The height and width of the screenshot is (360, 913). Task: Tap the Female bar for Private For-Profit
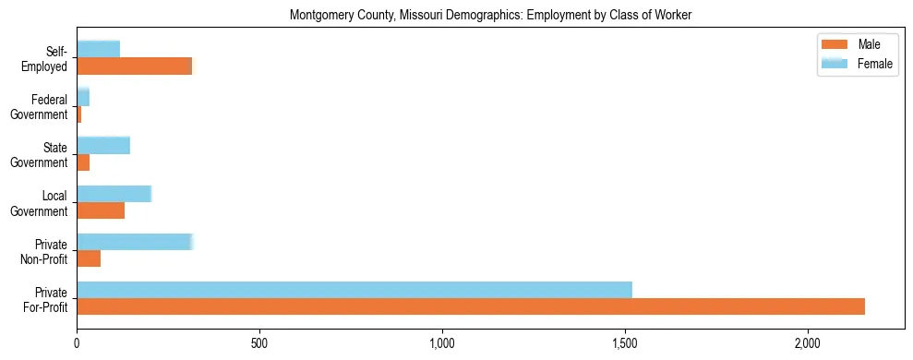coord(354,290)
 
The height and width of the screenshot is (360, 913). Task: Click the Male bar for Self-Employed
coord(135,66)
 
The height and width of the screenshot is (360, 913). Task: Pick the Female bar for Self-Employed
coord(99,49)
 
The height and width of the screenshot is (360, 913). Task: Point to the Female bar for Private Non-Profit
coord(135,242)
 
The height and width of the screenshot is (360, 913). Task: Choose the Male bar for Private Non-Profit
coord(89,258)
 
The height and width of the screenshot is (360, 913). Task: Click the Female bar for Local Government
coord(114,194)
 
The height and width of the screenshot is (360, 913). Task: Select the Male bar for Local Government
coord(101,210)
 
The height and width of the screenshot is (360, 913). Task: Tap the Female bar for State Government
coord(103,145)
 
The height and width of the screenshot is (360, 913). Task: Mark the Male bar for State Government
coord(83,162)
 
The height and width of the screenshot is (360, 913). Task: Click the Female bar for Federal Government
coord(83,97)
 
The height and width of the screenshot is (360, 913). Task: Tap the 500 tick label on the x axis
coord(258,343)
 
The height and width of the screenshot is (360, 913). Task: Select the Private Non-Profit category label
coord(46,250)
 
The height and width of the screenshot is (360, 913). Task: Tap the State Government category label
coord(41,154)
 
